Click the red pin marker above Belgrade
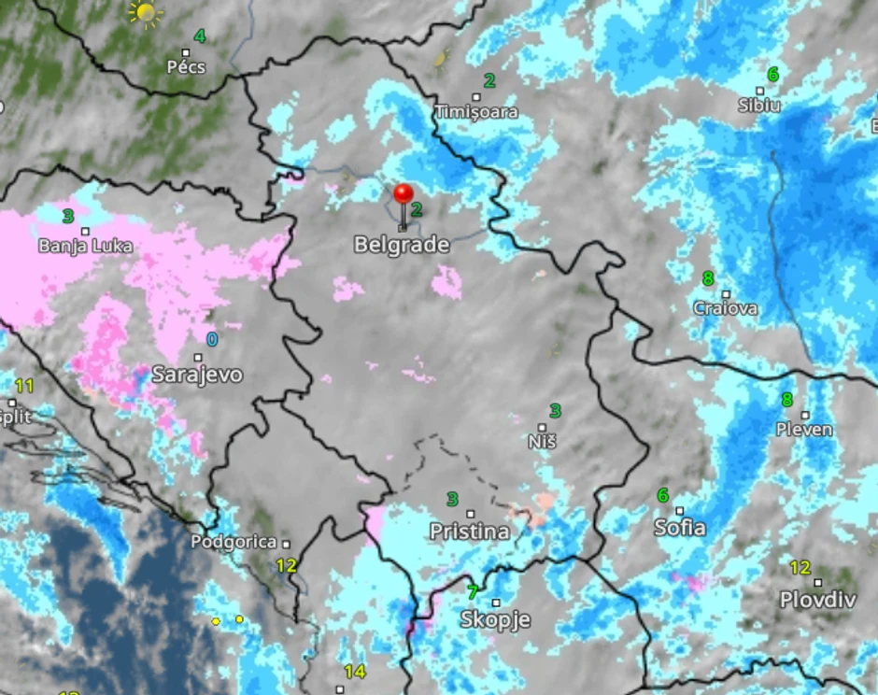[x=404, y=194]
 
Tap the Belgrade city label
[x=402, y=246]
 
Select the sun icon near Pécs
[x=146, y=12]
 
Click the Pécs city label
[x=185, y=67]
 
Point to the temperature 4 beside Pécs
[x=199, y=36]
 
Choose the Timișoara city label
[x=476, y=112]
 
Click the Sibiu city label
[x=759, y=106]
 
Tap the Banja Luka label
[x=85, y=247]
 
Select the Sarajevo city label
[x=197, y=376]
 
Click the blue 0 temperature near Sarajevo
[x=212, y=339]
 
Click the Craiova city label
[x=726, y=308]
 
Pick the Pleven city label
[x=804, y=430]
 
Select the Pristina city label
[x=470, y=532]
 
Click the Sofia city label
[x=680, y=528]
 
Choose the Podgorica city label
[x=234, y=542]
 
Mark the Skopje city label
[x=495, y=619]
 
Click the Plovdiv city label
[x=817, y=600]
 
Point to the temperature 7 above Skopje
[x=473, y=591]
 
